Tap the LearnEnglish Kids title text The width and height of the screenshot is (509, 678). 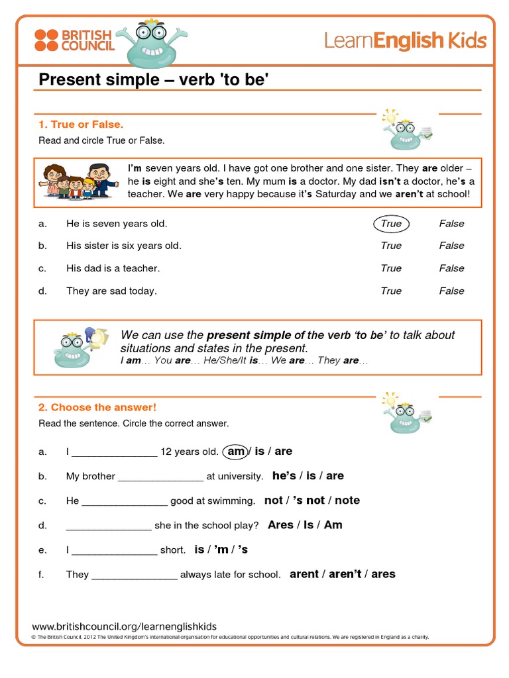pos(405,41)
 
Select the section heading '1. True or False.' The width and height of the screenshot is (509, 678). pos(81,124)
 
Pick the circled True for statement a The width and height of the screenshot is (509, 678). pos(391,224)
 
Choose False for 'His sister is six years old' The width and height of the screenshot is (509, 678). pos(451,246)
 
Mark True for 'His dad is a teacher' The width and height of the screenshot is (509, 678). pos(391,268)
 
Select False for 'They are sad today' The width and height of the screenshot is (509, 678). pos(451,291)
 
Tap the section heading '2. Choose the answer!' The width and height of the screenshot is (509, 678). pos(97,407)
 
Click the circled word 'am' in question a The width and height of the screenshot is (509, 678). pos(236,452)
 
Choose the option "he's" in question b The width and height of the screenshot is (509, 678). pos(284,476)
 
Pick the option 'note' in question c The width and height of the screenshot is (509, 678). pos(347,501)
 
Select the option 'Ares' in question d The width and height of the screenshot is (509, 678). pos(280,525)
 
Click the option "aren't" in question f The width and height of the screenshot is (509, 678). pos(345,574)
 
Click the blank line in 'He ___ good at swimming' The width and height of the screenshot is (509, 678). pos(125,502)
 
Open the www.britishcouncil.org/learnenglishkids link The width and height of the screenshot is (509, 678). pos(125,626)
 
